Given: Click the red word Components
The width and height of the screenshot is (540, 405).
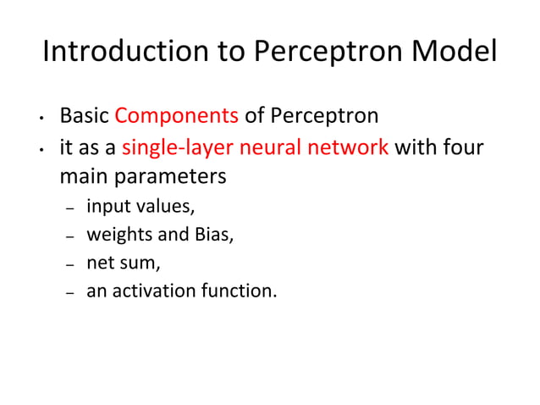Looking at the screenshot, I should click(x=177, y=115).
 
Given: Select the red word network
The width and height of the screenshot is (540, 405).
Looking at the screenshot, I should click(x=347, y=147).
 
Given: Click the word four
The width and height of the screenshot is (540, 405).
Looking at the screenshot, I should click(x=463, y=147).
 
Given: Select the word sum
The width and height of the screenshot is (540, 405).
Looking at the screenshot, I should click(x=141, y=264).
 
